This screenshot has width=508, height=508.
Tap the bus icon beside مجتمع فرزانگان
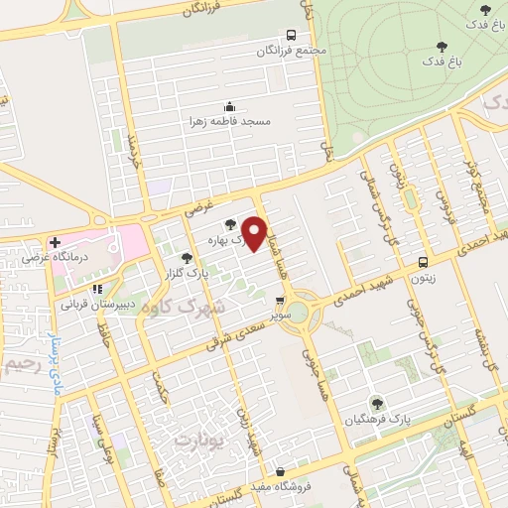click(x=291, y=33)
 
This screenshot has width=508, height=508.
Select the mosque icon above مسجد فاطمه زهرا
click(x=230, y=106)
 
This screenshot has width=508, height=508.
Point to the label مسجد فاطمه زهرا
click(x=230, y=122)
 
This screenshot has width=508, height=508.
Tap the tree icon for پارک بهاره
click(x=231, y=225)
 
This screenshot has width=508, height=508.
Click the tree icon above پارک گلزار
click(x=185, y=259)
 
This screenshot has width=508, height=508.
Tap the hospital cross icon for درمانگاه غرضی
click(x=55, y=242)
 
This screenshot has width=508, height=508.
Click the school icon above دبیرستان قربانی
click(x=96, y=288)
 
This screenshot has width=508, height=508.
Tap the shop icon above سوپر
click(x=280, y=299)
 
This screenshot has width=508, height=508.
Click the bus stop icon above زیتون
click(x=424, y=263)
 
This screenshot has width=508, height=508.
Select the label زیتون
click(x=424, y=279)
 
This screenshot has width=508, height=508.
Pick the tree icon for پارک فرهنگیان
click(x=376, y=402)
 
